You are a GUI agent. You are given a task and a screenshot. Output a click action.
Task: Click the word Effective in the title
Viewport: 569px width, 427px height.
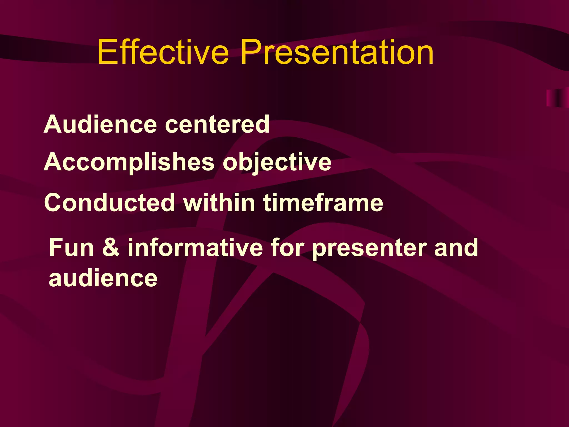coord(163,52)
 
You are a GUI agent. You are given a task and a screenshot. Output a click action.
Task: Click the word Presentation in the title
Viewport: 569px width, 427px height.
coord(337,52)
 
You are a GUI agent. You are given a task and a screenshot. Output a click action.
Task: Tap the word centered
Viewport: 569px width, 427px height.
coord(217,125)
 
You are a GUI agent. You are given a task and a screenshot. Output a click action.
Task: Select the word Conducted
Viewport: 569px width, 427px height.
coord(109,203)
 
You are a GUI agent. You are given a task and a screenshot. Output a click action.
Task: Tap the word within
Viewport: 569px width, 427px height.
coord(219,203)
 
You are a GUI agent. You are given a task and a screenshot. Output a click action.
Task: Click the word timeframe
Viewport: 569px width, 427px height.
coord(323,203)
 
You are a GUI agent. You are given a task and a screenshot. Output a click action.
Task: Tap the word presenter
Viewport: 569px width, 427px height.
coord(370,248)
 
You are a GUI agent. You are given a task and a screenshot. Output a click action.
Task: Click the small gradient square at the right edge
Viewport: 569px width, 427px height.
coord(557,98)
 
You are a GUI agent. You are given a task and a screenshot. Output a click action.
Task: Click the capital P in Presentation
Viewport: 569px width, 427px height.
coord(251,52)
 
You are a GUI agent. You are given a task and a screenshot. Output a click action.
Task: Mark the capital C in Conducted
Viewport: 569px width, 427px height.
coord(54,203)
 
